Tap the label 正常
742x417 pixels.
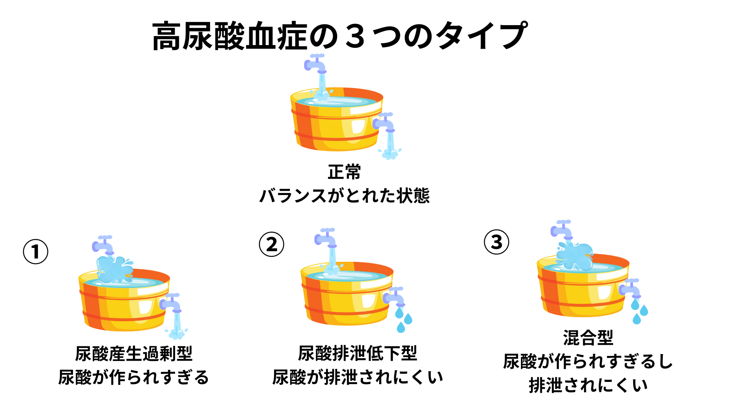[x=344, y=172]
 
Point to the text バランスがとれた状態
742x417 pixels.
[x=344, y=195]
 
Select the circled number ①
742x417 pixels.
[x=36, y=252]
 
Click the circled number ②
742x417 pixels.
[x=271, y=244]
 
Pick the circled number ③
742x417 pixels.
[x=497, y=242]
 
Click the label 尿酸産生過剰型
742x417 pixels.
[x=134, y=353]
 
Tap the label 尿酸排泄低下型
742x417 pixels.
[x=357, y=353]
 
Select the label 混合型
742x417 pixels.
[x=588, y=338]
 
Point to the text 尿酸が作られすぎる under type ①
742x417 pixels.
[x=134, y=377]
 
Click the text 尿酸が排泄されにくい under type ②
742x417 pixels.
[x=357, y=377]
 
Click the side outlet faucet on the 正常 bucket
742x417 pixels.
[x=384, y=123]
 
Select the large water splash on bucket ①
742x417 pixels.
[x=114, y=269]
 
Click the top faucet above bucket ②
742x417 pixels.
[x=325, y=238]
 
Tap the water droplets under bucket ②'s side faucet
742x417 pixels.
[x=404, y=320]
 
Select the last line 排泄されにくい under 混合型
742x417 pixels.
[x=588, y=385]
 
